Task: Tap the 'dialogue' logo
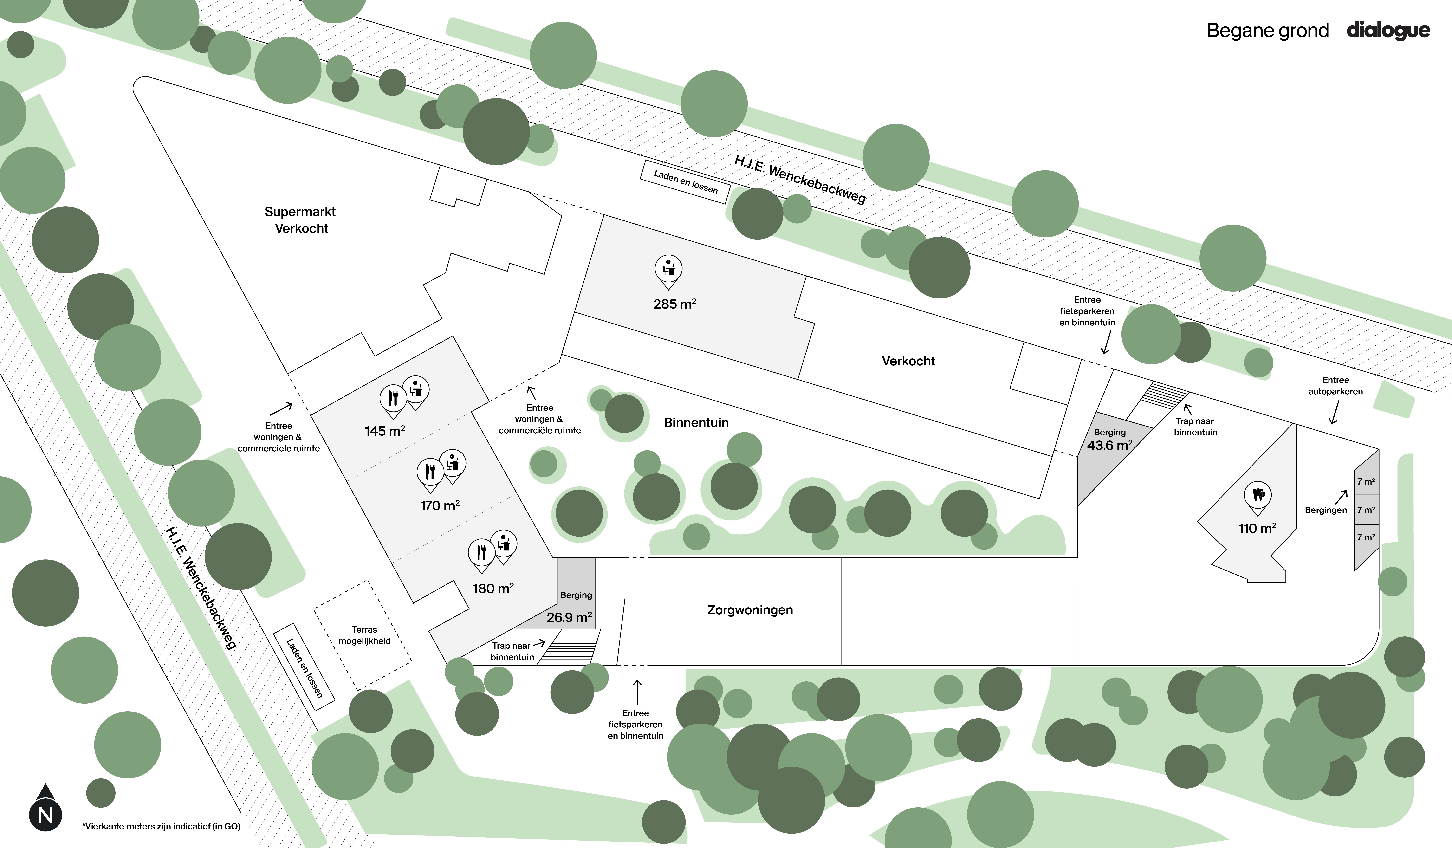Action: tap(1388, 30)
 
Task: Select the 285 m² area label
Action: tap(674, 304)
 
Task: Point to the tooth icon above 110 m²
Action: tap(1258, 494)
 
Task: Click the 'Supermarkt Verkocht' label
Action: tap(300, 220)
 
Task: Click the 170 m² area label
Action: tap(440, 505)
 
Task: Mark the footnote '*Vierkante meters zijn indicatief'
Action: tap(161, 826)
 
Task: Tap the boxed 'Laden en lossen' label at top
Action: tap(685, 181)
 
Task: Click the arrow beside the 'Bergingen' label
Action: tap(1342, 496)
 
